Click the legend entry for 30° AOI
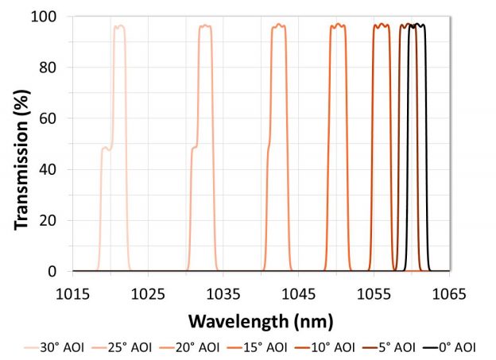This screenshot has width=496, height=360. click(56, 346)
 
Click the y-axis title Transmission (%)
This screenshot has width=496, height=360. click(22, 143)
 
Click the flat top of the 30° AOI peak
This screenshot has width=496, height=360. click(119, 26)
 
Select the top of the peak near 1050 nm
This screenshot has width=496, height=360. click(338, 25)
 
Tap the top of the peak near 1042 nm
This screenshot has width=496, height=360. click(278, 26)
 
